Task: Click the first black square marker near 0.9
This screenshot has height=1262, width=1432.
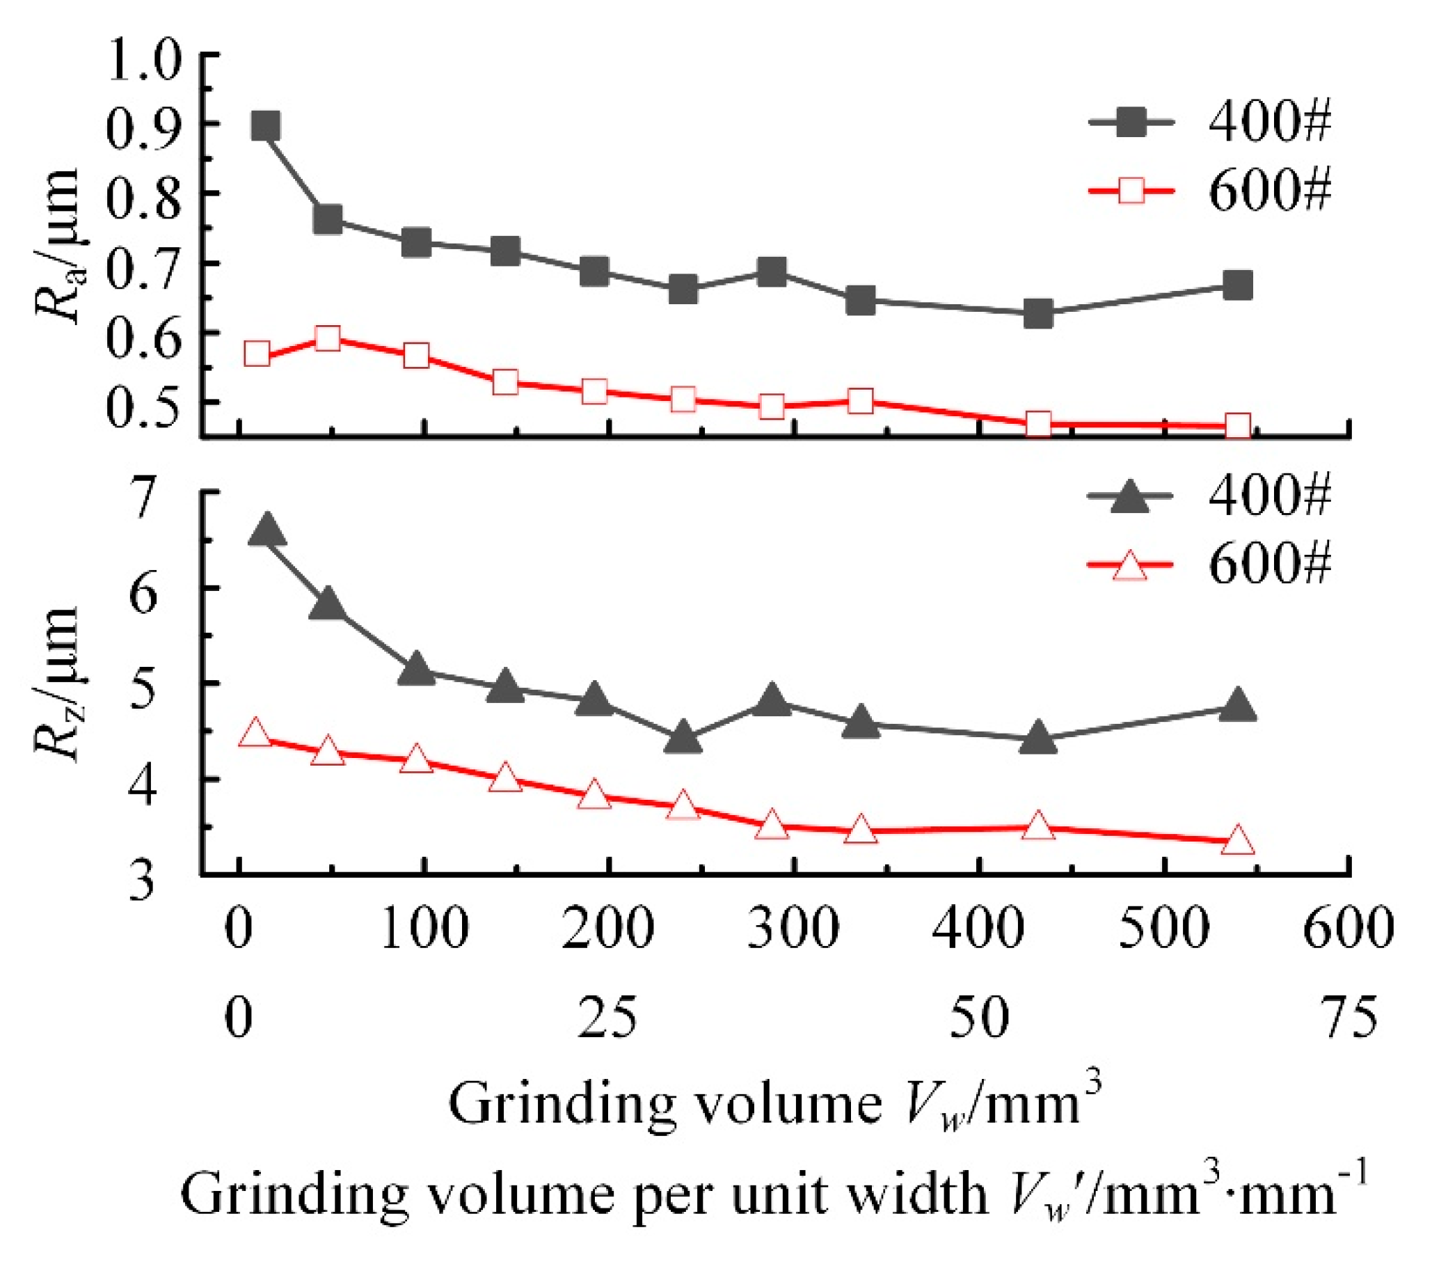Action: tap(266, 127)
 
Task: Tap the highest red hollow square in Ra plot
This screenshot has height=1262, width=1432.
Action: tap(327, 339)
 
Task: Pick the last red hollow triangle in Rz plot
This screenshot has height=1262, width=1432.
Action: tap(1238, 840)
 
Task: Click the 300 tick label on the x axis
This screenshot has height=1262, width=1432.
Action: tap(793, 929)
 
